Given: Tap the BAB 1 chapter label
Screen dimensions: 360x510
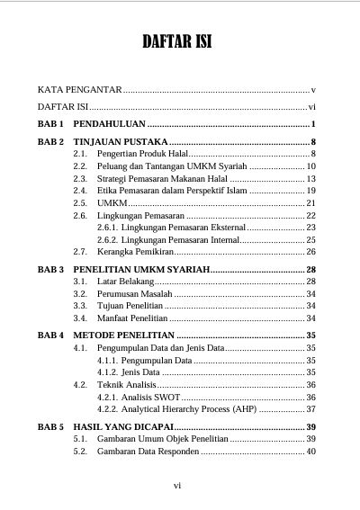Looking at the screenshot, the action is [x=50, y=123].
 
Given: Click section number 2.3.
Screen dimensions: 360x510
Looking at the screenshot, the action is [x=80, y=179].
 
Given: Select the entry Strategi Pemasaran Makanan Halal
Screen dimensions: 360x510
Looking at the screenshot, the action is [x=162, y=179].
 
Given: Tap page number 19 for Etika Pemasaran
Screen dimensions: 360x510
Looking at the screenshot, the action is [x=310, y=191].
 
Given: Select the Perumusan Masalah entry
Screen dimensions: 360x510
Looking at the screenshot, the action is [x=133, y=294].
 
